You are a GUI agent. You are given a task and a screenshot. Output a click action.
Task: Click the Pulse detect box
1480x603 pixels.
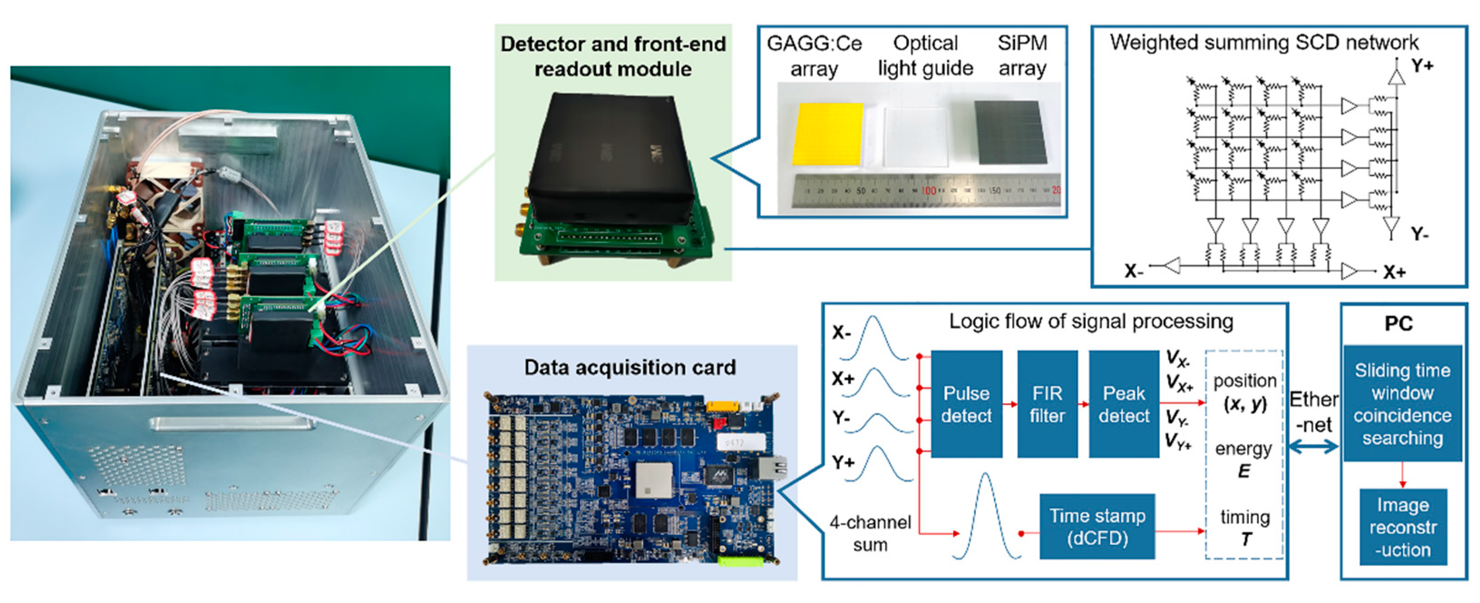pyautogui.click(x=966, y=404)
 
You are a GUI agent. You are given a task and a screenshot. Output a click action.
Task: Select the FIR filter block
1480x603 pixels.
pyautogui.click(x=1047, y=404)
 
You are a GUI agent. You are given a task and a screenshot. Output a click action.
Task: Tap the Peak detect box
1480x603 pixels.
pyautogui.click(x=1124, y=404)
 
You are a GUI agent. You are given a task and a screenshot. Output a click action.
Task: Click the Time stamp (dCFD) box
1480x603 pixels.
pyautogui.click(x=1097, y=526)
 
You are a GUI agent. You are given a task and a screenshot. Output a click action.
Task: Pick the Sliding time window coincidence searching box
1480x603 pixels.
pyautogui.click(x=1402, y=403)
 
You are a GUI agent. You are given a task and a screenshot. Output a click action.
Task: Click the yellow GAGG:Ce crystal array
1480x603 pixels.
pyautogui.click(x=827, y=134)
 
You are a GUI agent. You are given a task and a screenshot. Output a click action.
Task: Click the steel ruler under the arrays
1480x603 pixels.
pyautogui.click(x=925, y=190)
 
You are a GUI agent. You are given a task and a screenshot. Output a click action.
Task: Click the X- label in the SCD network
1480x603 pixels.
pyautogui.click(x=1134, y=271)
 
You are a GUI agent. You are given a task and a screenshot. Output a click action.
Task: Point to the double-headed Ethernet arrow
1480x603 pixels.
pyautogui.click(x=1314, y=446)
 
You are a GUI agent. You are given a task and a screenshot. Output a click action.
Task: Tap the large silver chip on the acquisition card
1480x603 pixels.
pyautogui.click(x=654, y=480)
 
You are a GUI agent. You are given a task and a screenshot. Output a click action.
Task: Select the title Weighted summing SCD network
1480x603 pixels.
pyautogui.click(x=1264, y=43)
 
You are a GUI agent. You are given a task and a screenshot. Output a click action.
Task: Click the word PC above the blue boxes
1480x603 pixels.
pyautogui.click(x=1398, y=324)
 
